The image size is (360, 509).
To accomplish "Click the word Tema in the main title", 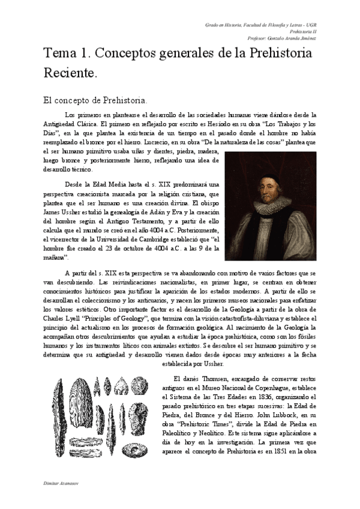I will click(61, 53).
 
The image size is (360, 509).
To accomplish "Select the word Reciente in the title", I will click(70, 74).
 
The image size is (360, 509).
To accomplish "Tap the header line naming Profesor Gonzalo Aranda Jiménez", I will click(287, 38).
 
